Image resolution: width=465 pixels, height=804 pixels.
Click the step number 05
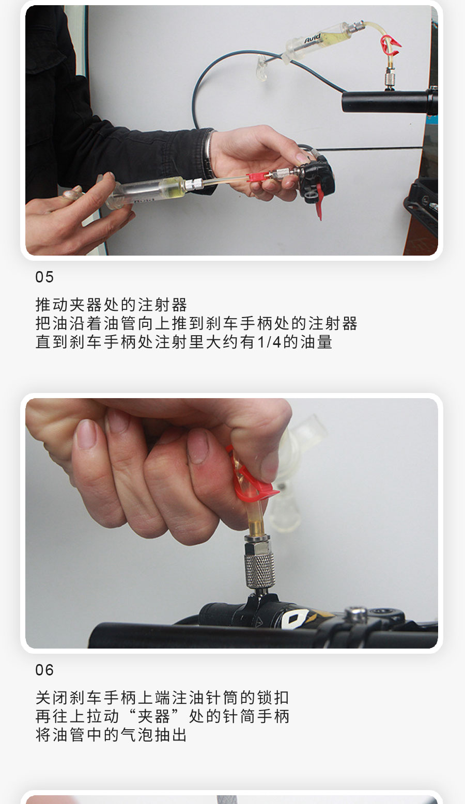point(44,277)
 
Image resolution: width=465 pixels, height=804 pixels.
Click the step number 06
point(44,670)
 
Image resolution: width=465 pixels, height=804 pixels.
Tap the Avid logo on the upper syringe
point(313,38)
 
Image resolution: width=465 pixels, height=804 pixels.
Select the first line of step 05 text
point(111,305)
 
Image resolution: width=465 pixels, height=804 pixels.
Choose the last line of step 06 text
point(111,735)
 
